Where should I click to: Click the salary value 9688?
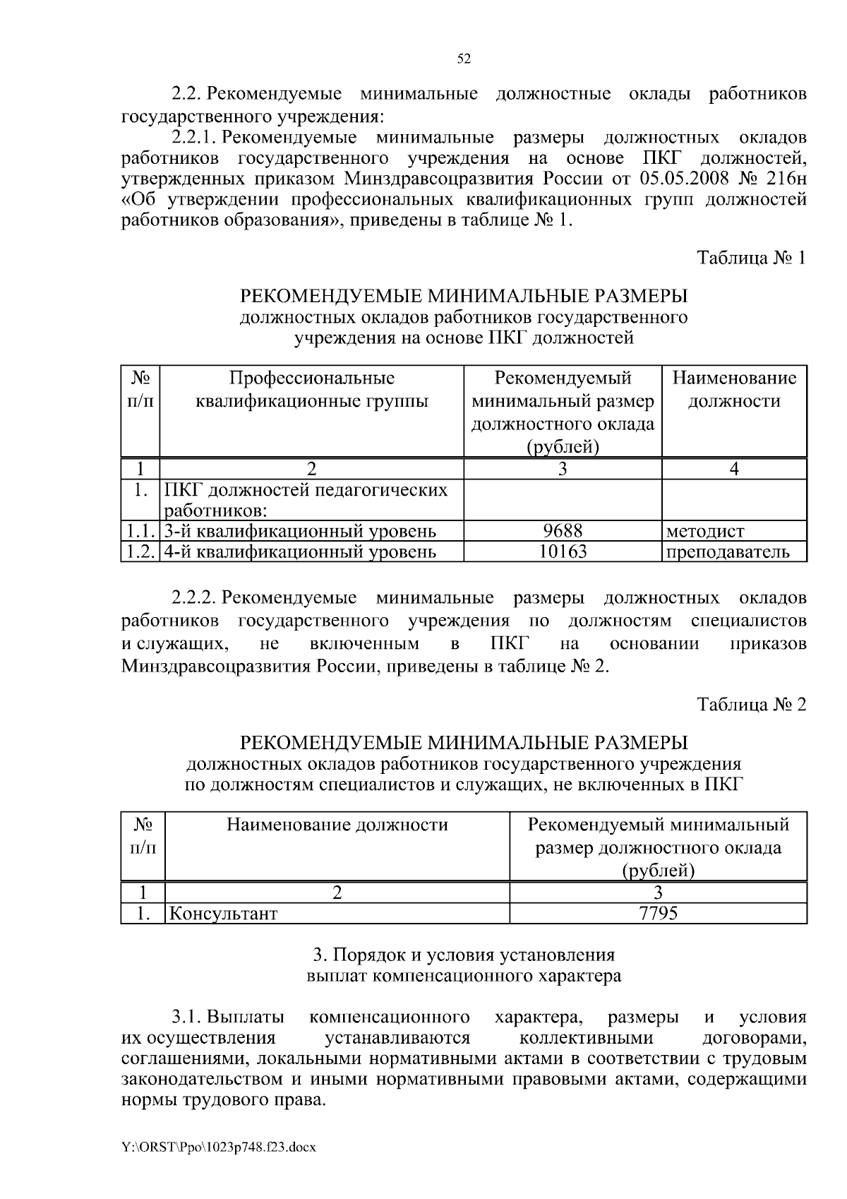[x=563, y=531]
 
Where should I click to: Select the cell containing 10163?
[x=563, y=551]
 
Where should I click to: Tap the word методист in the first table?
[x=704, y=532]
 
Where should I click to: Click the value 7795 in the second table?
[x=657, y=914]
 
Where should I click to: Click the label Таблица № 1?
[x=751, y=258]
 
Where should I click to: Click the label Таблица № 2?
[x=751, y=705]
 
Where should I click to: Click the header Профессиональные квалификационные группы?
[x=311, y=390]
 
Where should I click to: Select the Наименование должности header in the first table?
[x=734, y=390]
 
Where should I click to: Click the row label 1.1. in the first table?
[x=140, y=531]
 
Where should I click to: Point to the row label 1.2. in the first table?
[x=140, y=551]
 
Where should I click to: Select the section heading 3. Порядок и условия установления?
[x=464, y=955]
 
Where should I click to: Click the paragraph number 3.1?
[x=186, y=1018]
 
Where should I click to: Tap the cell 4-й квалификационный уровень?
[x=300, y=551]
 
